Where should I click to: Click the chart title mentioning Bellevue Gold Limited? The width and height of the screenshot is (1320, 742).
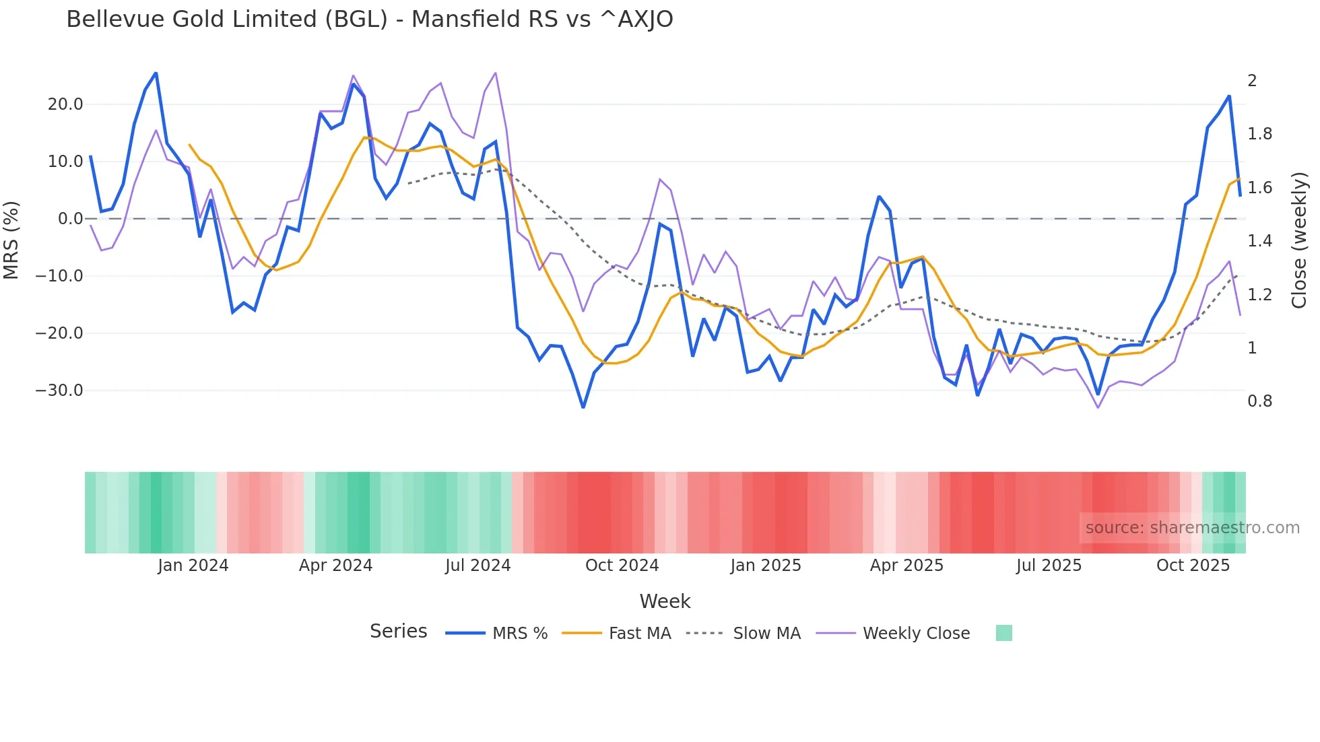tap(369, 19)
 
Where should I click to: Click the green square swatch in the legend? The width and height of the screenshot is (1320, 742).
tap(1003, 633)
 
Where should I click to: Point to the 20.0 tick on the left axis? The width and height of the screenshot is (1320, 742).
tap(65, 104)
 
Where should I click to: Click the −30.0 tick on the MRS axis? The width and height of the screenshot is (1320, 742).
tap(59, 391)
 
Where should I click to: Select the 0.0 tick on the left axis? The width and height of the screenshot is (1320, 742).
tap(70, 219)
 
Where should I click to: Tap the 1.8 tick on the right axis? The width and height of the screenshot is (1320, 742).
tap(1259, 134)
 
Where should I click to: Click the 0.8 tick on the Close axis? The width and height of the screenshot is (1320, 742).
tap(1259, 401)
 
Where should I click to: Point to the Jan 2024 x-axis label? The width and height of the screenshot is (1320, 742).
tap(193, 566)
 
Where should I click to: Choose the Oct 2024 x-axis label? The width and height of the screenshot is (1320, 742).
tap(622, 566)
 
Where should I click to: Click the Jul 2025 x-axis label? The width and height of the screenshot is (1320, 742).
tap(1049, 566)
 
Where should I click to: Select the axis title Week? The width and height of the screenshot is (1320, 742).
tap(665, 601)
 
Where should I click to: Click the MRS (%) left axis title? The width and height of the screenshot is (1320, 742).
tap(11, 240)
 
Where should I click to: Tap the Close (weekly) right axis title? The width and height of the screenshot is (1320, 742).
tap(1299, 240)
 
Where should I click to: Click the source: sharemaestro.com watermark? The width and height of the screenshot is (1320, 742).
tap(1192, 528)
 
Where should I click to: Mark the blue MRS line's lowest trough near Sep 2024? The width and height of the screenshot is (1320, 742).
tap(583, 407)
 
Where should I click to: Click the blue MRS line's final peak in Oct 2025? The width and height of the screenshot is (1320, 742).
tap(1229, 96)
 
